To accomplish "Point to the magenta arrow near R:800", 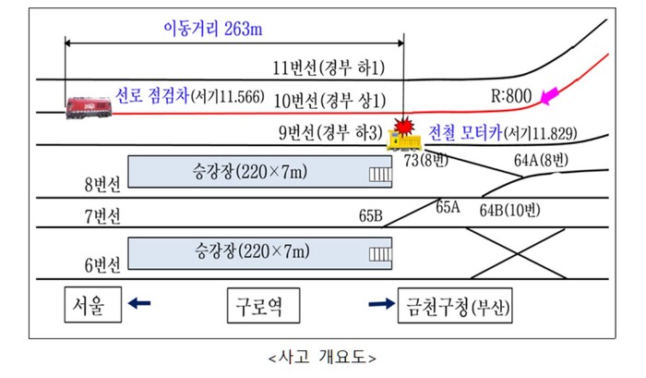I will (x=553, y=94).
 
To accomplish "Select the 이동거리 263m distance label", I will (x=214, y=29).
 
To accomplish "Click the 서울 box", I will (x=93, y=304).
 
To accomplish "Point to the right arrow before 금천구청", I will (x=379, y=303).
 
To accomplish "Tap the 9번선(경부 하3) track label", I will (x=328, y=132).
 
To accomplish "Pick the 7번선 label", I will (x=102, y=218).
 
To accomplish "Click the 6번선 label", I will (x=102, y=266).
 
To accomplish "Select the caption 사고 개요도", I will (x=321, y=356).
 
